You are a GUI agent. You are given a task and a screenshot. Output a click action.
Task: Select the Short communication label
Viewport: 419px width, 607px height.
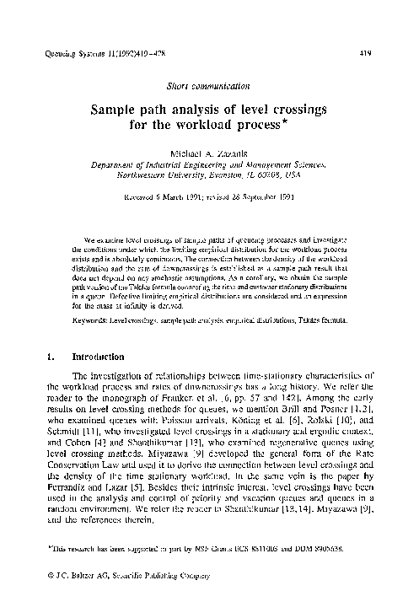click(210, 87)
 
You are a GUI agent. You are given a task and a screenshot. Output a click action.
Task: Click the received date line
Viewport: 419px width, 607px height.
click(209, 201)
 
